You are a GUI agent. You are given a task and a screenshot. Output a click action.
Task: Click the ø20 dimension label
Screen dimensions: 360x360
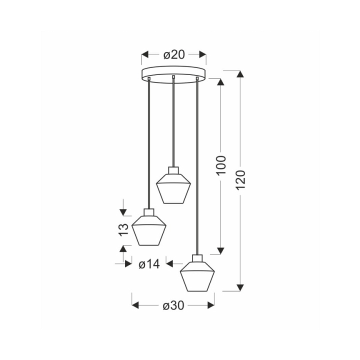click(x=174, y=55)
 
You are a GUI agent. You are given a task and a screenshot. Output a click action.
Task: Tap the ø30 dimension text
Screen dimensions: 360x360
click(x=173, y=305)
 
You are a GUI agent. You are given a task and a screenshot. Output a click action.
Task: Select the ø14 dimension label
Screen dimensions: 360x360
click(x=149, y=264)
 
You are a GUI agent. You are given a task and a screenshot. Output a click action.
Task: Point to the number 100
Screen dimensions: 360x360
click(x=221, y=165)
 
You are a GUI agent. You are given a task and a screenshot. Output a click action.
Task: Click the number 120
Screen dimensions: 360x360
click(x=240, y=180)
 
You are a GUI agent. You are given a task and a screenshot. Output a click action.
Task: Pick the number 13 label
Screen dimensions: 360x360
click(x=123, y=229)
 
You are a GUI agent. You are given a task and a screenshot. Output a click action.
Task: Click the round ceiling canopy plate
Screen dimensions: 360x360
click(x=173, y=74)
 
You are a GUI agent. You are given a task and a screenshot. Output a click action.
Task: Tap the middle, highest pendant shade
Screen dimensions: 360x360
click(x=173, y=188)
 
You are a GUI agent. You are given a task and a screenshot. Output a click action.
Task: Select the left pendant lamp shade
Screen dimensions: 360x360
click(x=149, y=230)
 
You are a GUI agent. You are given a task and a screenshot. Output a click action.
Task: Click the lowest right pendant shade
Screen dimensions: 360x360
click(x=197, y=276)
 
